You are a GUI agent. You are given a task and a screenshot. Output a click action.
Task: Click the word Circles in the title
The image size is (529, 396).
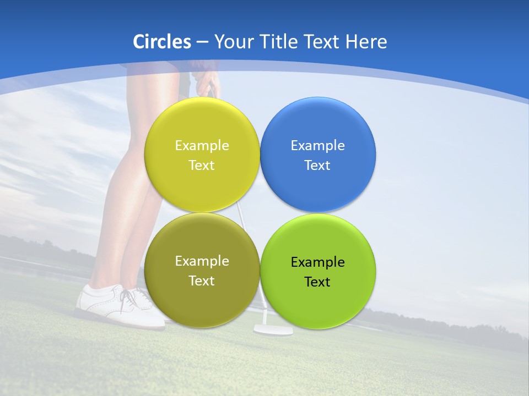[161, 42]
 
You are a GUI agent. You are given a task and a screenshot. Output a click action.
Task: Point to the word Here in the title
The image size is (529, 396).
[366, 42]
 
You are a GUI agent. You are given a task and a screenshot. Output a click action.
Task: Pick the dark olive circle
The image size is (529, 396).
[202, 297]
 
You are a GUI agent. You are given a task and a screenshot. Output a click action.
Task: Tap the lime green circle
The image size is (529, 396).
[317, 300]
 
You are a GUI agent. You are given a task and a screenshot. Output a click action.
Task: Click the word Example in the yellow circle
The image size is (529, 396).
[202, 145]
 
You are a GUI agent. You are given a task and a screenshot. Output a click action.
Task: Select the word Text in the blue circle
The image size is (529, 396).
[317, 165]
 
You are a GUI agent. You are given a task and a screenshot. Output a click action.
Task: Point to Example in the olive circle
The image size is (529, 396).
[202, 261]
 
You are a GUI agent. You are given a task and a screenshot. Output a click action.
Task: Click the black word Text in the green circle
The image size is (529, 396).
[317, 282]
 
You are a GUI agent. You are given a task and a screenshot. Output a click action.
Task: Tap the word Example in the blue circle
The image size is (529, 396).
[317, 145]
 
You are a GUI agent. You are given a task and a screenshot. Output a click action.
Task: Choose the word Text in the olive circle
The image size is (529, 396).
[202, 280]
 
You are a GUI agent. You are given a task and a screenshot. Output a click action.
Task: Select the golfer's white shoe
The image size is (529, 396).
[110, 305]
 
